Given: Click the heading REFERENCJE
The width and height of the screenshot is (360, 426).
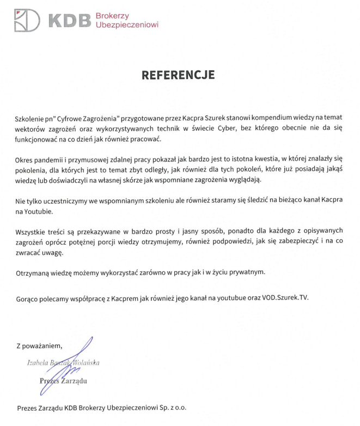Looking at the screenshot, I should pos(178,75).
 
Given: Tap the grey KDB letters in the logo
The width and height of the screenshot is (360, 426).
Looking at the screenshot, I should pos(70,21).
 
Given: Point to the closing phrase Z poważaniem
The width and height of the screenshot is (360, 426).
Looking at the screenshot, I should pos(39,345).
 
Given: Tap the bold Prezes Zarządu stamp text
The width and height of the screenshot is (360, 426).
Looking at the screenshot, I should pos(63,381).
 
